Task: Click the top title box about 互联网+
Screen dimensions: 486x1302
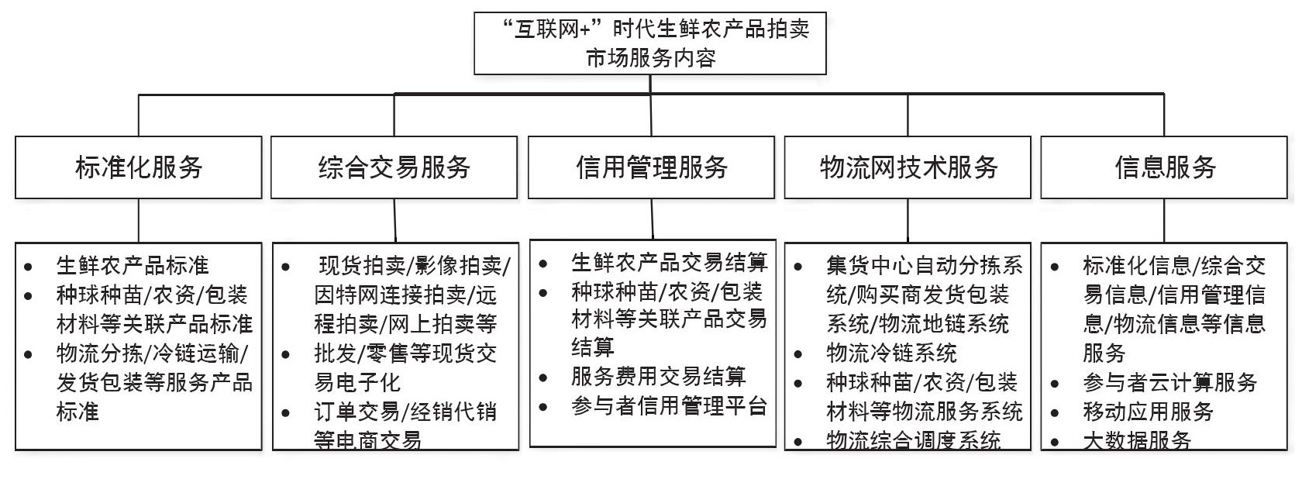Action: tap(650, 43)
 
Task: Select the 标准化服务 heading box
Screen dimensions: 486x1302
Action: tap(139, 167)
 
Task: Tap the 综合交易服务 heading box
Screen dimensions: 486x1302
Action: tap(394, 167)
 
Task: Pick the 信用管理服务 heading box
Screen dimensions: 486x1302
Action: tap(651, 167)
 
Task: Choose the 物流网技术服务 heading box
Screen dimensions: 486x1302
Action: tap(908, 167)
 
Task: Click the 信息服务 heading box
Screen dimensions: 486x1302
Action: tap(1164, 167)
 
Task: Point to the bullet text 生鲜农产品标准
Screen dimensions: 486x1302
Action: tap(133, 266)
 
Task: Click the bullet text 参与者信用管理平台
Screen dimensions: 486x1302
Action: tap(669, 405)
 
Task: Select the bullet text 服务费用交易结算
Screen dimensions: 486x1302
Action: tap(658, 377)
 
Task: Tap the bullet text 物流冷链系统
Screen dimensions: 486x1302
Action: tap(891, 353)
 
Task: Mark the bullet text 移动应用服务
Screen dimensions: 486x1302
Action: tap(1148, 412)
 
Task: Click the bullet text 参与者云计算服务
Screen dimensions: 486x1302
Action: tap(1169, 382)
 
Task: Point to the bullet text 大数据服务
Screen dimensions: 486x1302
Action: tap(1137, 440)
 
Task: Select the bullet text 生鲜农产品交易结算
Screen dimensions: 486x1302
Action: tap(669, 263)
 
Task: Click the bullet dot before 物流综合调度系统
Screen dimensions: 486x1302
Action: tap(798, 443)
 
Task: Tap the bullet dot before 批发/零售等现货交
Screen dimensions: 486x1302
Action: tap(286, 355)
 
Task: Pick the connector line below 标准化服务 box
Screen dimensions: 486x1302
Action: tap(139, 220)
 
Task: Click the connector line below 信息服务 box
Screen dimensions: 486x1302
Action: tap(1164, 220)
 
